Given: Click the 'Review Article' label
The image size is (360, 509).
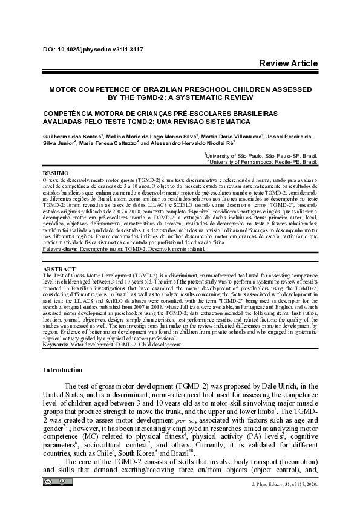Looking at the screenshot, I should pyautogui.click(x=288, y=63).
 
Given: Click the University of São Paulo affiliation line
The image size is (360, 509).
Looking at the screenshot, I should pyautogui.click(x=263, y=156).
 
